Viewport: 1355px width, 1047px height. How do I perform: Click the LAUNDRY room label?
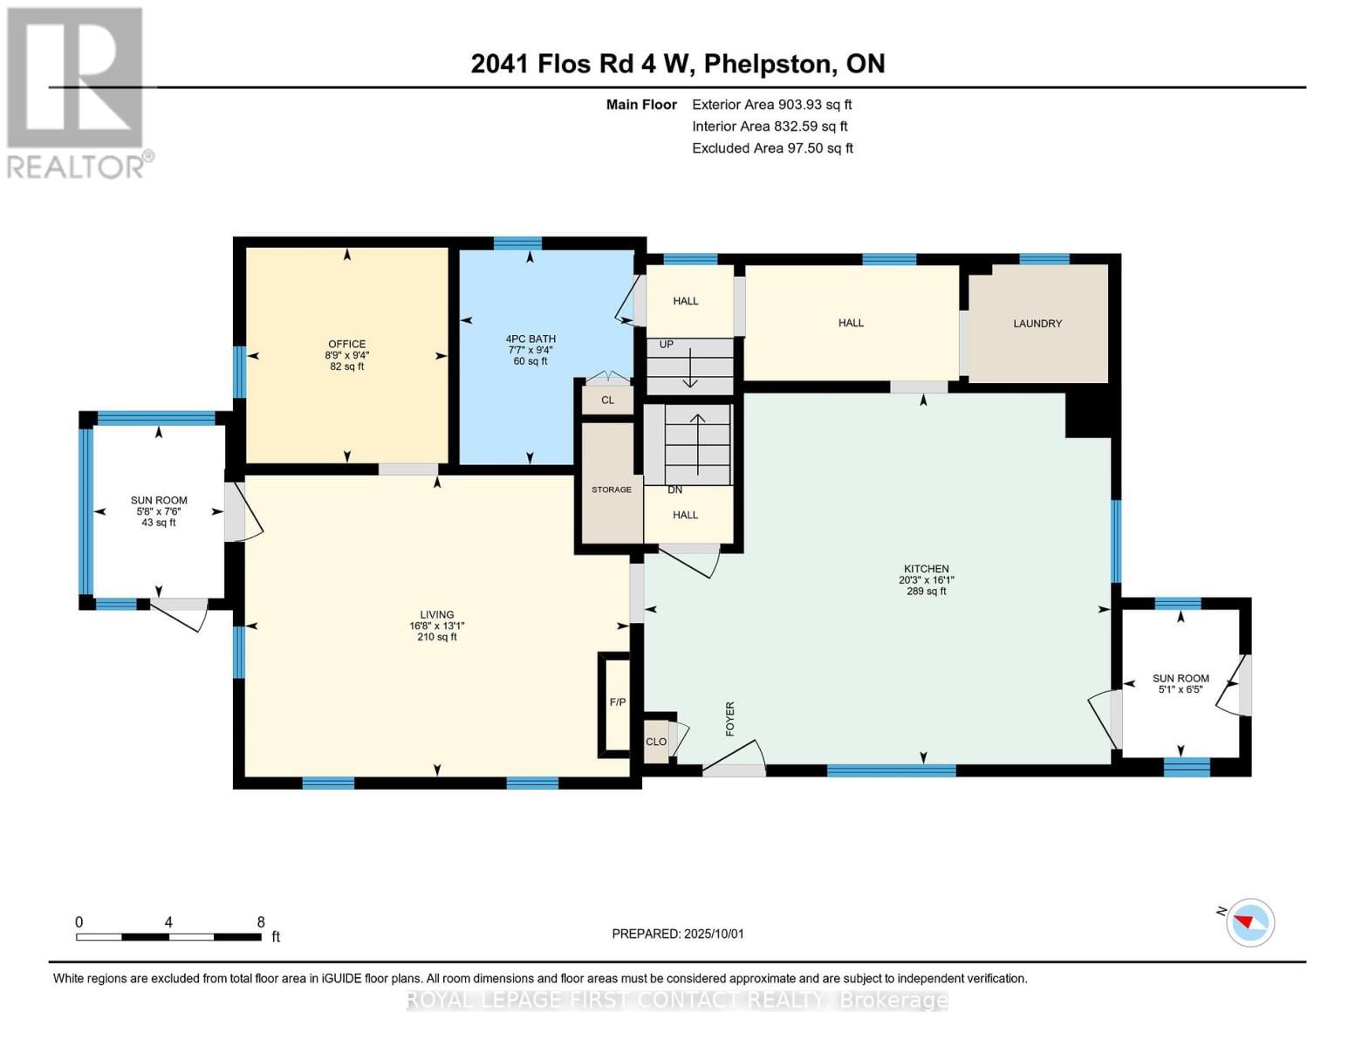tap(1037, 324)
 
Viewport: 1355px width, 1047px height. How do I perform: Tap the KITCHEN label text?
tap(926, 569)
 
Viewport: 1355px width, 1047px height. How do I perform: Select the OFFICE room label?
tap(346, 344)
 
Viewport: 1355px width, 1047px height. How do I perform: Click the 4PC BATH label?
tap(530, 339)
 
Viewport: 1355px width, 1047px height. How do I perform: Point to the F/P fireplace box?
tap(617, 702)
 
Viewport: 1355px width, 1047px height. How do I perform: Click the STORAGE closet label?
tap(612, 489)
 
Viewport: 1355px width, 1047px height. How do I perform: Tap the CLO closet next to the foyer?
tap(656, 742)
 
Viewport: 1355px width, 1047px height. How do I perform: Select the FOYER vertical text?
tap(730, 719)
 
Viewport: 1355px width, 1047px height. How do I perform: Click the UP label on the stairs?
tap(667, 345)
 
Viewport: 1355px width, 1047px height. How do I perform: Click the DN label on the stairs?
tap(674, 490)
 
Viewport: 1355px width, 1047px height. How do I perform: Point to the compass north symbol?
tap(1249, 921)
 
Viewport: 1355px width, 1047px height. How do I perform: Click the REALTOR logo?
tap(76, 92)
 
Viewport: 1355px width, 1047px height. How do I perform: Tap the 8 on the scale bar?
tap(261, 922)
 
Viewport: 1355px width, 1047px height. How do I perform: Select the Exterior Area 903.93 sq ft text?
tap(771, 105)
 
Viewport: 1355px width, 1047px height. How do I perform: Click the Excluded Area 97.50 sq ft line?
tap(772, 148)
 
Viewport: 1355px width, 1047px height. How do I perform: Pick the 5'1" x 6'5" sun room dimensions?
tap(1180, 689)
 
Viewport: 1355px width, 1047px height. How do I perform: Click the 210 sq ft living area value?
tap(437, 637)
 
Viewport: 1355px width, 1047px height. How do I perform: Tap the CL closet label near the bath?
tap(607, 400)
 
